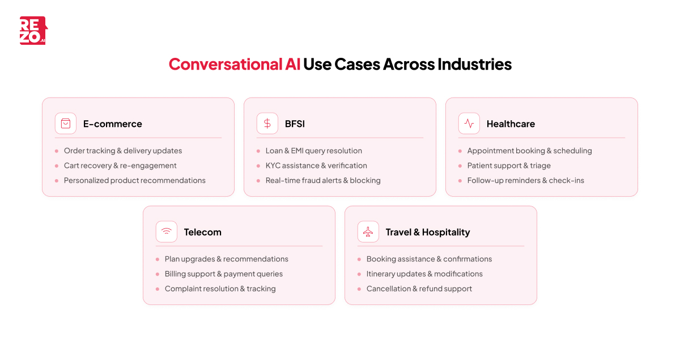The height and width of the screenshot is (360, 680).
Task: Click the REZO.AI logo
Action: click(33, 31)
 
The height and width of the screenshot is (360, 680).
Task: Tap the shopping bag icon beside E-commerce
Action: click(66, 124)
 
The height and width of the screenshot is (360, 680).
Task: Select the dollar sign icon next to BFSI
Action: click(267, 124)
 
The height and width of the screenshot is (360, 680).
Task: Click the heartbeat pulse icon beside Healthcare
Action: click(469, 124)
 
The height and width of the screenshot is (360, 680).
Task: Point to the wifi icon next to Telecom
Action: click(167, 232)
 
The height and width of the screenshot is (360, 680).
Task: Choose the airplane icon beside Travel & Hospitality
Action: click(368, 232)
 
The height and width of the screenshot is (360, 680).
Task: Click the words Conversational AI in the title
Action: click(234, 64)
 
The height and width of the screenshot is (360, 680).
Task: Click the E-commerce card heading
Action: click(113, 124)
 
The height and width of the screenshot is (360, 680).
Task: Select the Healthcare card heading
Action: click(511, 124)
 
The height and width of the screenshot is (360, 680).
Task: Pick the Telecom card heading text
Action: click(202, 232)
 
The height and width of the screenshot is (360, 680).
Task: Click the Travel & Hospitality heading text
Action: click(428, 232)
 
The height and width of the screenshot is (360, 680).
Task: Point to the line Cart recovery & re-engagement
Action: click(120, 166)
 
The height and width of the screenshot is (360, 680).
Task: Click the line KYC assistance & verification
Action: click(316, 166)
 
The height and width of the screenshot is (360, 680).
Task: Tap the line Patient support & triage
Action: click(509, 166)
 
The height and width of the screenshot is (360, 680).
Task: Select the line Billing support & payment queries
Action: click(224, 274)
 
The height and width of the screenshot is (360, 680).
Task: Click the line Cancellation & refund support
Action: click(419, 289)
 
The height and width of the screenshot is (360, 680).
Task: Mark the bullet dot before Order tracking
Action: click(57, 151)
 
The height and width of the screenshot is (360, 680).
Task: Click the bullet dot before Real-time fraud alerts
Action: click(258, 180)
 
